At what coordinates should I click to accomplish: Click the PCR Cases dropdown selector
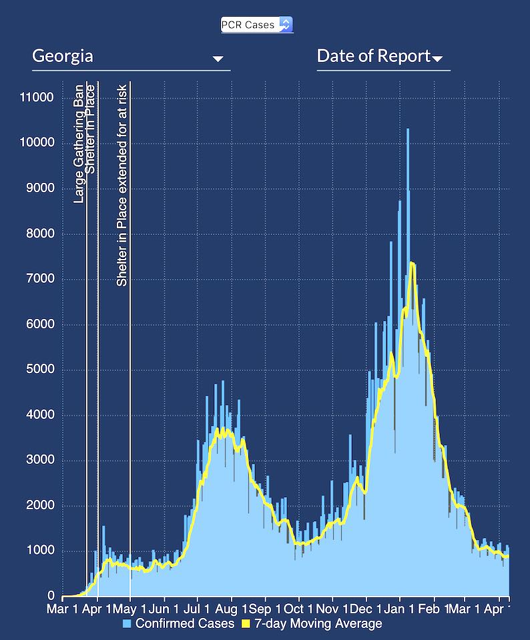click(257, 25)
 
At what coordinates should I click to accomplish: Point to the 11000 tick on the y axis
click(37, 97)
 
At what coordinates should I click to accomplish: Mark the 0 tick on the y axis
click(50, 596)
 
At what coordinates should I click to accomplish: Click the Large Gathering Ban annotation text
click(79, 143)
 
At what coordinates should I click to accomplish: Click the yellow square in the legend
click(244, 624)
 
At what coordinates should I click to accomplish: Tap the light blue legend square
click(127, 624)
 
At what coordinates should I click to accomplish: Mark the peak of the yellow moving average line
click(412, 262)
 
